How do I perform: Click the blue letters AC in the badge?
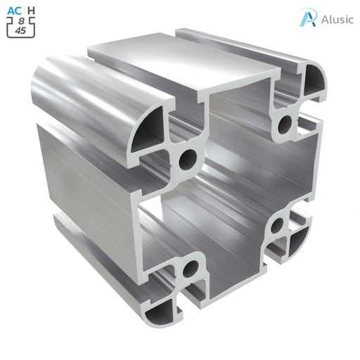pyautogui.click(x=13, y=10)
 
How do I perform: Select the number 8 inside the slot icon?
pyautogui.click(x=20, y=21)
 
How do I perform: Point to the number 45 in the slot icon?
pyautogui.click(x=20, y=30)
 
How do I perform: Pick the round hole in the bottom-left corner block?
pyautogui.click(x=188, y=269)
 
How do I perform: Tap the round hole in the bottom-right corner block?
pyautogui.click(x=277, y=226)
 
